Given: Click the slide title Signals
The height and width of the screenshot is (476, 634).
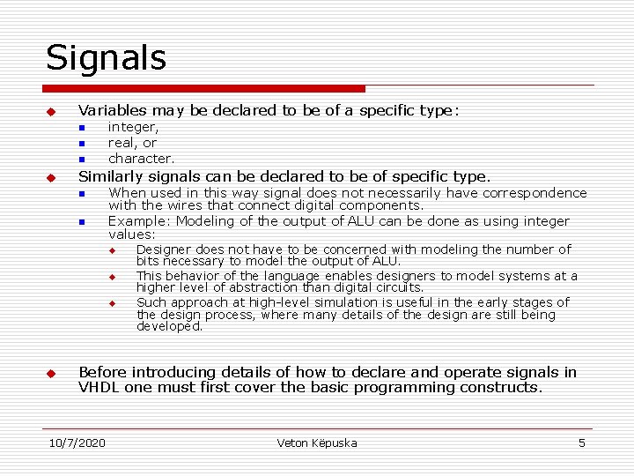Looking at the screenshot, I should coord(106,58).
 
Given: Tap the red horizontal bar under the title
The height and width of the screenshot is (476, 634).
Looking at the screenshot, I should coord(204,89).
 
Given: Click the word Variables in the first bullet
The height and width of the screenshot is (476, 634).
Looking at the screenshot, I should coord(112,111).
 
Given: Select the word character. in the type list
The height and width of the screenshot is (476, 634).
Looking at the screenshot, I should coord(141,159).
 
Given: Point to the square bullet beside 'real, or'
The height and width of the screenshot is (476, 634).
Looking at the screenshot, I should coord(80,144).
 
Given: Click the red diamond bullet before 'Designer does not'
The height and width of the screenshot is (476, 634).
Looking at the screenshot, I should coord(113,251).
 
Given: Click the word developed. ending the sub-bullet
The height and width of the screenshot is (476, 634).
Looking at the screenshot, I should coord(170,327).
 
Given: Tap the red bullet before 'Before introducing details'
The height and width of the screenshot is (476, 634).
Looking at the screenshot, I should coord(51,374).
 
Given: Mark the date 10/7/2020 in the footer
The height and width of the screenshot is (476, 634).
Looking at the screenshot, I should coord(77,443).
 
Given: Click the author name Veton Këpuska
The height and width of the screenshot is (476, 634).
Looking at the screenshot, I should coord(317,443).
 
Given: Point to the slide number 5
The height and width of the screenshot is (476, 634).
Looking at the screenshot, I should coord(581,443).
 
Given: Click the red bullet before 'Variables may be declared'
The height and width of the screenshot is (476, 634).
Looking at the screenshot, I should coord(51,113).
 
